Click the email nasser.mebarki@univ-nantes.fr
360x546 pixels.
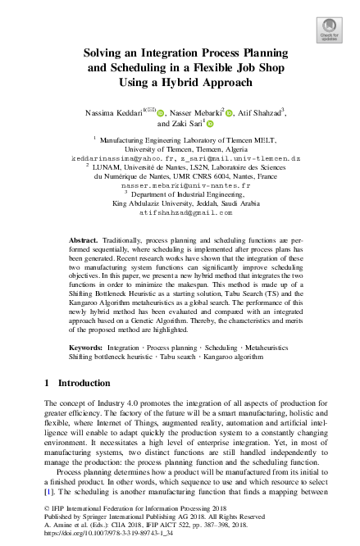[180, 186]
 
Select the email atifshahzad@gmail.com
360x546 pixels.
[180, 212]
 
